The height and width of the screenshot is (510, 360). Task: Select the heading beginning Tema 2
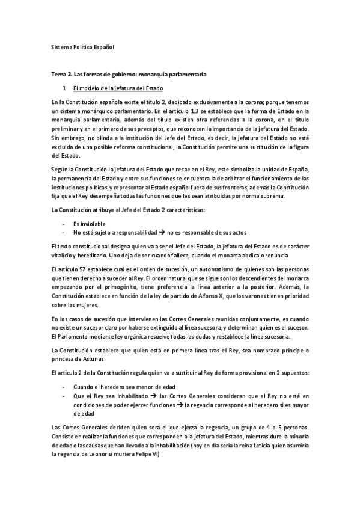coord(129,75)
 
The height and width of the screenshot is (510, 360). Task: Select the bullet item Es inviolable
coord(90,223)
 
